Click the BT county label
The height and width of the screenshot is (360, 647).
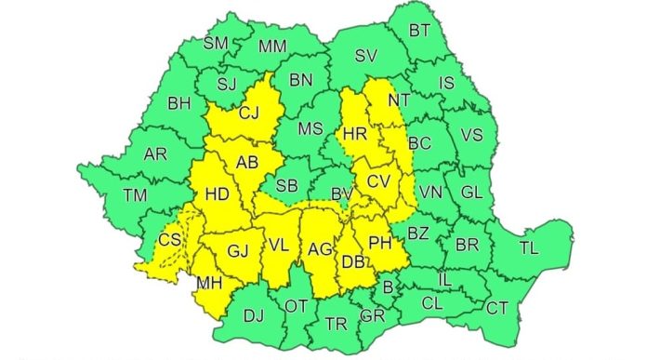[x=419, y=30]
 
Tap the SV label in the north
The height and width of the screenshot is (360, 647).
[x=366, y=58]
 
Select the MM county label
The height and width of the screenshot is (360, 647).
[x=272, y=46]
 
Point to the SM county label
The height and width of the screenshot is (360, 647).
[x=216, y=43]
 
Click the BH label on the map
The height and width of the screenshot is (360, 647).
[x=179, y=103]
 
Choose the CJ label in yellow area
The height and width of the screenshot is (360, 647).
[x=249, y=115]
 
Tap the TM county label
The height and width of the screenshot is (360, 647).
[x=136, y=194]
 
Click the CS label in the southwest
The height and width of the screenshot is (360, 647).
[x=170, y=240]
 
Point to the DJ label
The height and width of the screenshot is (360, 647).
[x=254, y=315]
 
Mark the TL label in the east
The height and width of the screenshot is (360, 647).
[x=528, y=248]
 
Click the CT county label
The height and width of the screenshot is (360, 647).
[x=498, y=308]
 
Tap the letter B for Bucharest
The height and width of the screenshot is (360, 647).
[x=389, y=287]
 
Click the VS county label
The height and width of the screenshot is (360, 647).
[x=472, y=136]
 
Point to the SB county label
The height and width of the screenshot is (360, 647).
[x=287, y=185]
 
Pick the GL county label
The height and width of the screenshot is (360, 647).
[x=471, y=193]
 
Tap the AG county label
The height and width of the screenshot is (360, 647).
[x=319, y=249]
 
